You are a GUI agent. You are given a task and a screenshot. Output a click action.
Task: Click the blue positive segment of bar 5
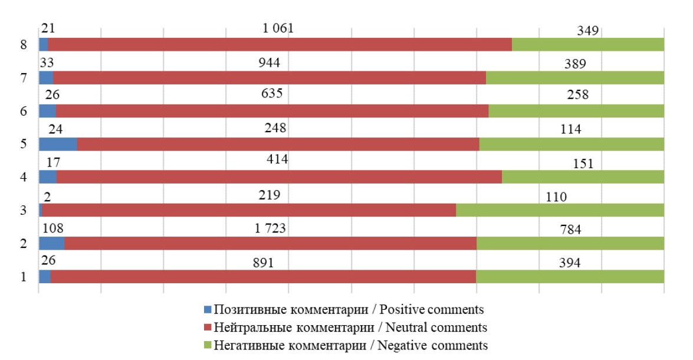tap(58, 144)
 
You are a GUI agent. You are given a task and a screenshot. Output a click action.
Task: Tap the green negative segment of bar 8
tap(587, 44)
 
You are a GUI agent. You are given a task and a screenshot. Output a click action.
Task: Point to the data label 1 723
tap(271, 228)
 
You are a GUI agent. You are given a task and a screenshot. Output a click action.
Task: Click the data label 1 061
tap(278, 28)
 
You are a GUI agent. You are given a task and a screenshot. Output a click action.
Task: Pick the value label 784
tap(571, 230)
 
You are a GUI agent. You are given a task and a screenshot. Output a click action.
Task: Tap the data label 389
tap(574, 64)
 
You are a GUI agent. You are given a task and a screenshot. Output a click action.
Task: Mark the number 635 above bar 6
tap(273, 93)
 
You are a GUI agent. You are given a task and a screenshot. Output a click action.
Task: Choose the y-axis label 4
tap(24, 177)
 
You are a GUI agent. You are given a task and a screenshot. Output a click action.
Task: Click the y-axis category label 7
tap(24, 78)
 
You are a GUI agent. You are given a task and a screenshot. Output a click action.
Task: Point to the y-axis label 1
tap(24, 276)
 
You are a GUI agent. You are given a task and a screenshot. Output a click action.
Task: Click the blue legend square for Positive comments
tap(206, 310)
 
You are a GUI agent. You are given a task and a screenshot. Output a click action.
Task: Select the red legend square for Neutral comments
tap(206, 328)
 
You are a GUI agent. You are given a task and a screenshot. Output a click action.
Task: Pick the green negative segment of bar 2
tap(570, 243)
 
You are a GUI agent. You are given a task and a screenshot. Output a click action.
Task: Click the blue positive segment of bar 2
tap(51, 243)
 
